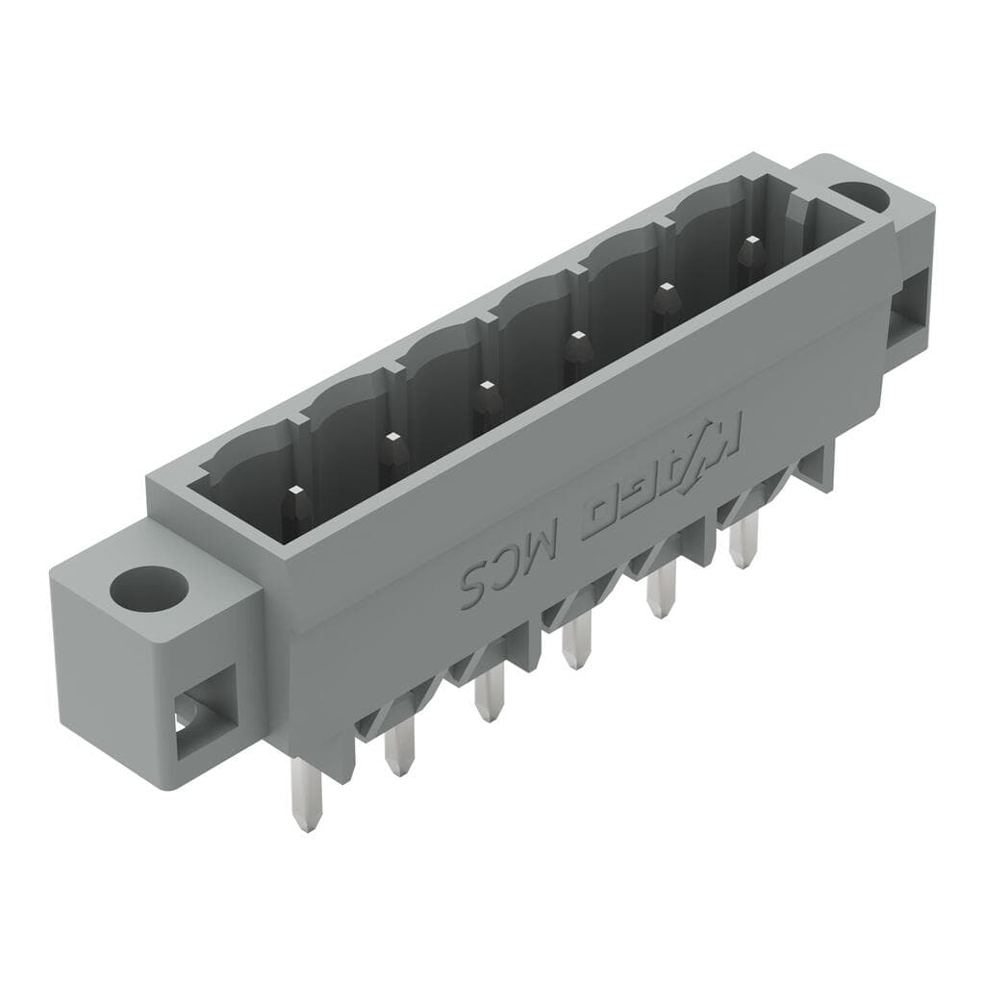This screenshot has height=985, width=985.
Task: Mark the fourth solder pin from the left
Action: (575, 643)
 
